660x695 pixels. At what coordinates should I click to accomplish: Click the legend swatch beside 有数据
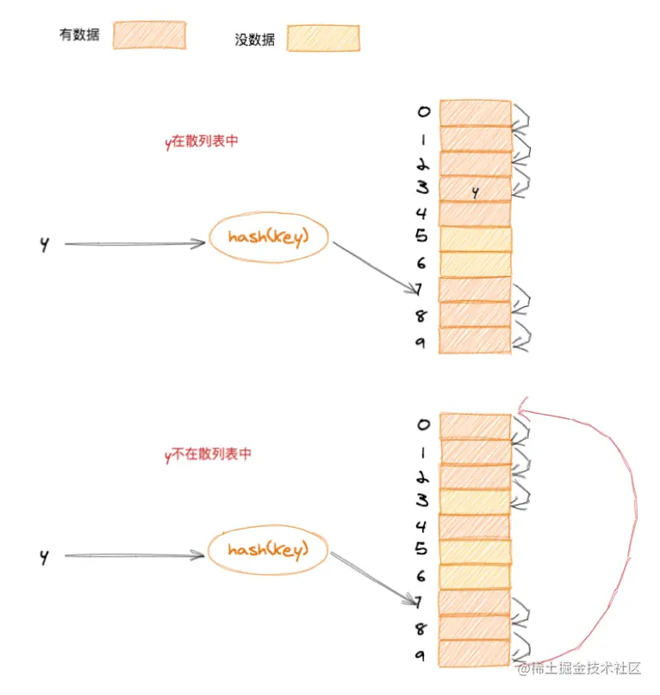pyautogui.click(x=148, y=34)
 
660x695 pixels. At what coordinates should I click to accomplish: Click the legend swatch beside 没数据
pyautogui.click(x=322, y=38)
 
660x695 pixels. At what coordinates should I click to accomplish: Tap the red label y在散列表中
pyautogui.click(x=201, y=142)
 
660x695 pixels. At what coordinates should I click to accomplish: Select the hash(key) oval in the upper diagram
pyautogui.click(x=268, y=237)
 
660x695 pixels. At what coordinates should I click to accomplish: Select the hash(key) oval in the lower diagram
pyautogui.click(x=268, y=549)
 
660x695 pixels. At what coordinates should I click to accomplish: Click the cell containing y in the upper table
pyautogui.click(x=475, y=189)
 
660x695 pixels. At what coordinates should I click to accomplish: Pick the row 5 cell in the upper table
pyautogui.click(x=476, y=239)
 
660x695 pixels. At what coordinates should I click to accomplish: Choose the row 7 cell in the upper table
pyautogui.click(x=475, y=289)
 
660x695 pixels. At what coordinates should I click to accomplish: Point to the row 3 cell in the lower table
pyautogui.click(x=475, y=501)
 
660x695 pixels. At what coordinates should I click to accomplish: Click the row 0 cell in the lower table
pyautogui.click(x=475, y=426)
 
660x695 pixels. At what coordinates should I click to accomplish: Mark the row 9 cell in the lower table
pyautogui.click(x=475, y=653)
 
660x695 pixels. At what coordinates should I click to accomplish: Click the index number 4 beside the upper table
pyautogui.click(x=422, y=213)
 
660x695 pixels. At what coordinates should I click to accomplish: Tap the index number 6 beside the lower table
pyautogui.click(x=422, y=576)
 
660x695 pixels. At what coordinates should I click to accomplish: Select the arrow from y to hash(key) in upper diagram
pyautogui.click(x=134, y=244)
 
